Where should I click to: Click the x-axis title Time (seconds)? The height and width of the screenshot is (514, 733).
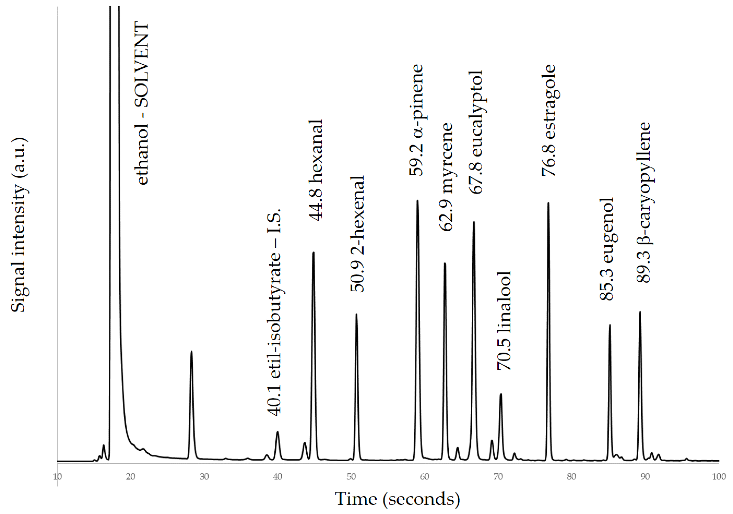click(x=397, y=498)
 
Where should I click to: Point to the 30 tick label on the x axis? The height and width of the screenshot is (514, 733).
click(x=204, y=477)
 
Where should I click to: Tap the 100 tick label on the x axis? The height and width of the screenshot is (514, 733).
click(x=719, y=477)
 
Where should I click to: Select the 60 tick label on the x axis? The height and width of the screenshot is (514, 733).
click(x=425, y=477)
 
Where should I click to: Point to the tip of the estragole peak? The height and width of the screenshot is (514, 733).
click(x=548, y=203)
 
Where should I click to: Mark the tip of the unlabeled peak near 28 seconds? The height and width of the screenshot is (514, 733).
click(x=191, y=351)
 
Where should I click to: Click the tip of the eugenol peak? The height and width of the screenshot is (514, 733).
click(x=610, y=325)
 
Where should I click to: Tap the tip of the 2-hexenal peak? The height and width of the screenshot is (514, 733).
click(x=356, y=314)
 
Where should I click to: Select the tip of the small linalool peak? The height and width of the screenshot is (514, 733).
click(x=501, y=394)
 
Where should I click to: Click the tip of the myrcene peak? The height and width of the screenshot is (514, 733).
click(x=445, y=263)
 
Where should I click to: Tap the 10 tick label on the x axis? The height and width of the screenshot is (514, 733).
click(x=57, y=477)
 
